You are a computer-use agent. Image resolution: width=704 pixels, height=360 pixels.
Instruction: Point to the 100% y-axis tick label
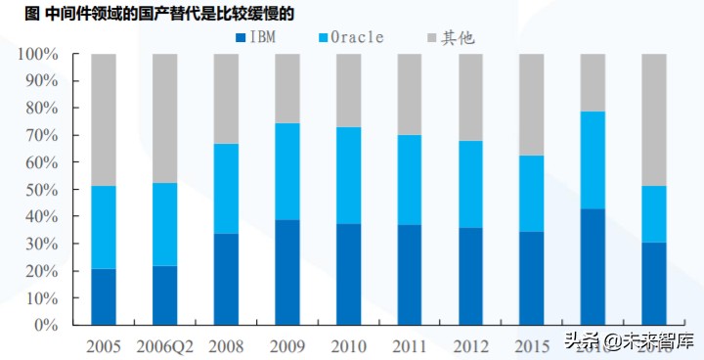coord(36,54)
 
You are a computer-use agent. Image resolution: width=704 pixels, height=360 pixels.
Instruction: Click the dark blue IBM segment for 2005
coord(104,296)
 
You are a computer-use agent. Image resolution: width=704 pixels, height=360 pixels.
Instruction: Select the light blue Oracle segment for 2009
coord(286,171)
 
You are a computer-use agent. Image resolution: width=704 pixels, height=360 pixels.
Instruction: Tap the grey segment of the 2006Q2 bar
coord(164,118)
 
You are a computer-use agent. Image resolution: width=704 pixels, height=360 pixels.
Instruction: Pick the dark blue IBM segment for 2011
coord(409,274)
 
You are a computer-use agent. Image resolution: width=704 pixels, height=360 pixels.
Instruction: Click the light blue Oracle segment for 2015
coord(531,193)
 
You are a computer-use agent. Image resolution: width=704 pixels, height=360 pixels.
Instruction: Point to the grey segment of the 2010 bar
coord(348,90)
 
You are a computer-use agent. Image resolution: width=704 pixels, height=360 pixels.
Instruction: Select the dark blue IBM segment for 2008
coord(226,279)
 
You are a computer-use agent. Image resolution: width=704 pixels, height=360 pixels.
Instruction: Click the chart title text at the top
coord(147,13)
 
